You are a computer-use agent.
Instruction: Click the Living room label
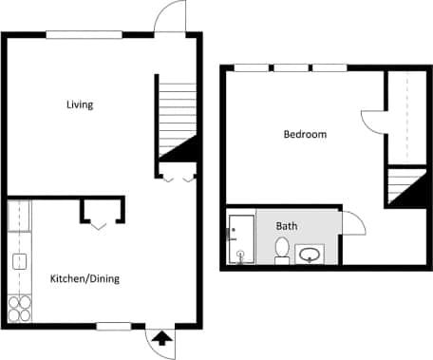pyautogui.click(x=80, y=104)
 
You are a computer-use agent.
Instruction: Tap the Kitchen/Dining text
pyautogui.click(x=85, y=278)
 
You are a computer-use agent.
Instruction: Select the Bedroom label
pyautogui.click(x=305, y=135)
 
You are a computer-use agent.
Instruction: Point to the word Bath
pyautogui.click(x=286, y=227)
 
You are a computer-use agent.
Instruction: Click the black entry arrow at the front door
pyautogui.click(x=160, y=336)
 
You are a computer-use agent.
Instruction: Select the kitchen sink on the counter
pyautogui.click(x=18, y=261)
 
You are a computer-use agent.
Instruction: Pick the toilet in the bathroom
pyautogui.click(x=282, y=250)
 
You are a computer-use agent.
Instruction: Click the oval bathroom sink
pyautogui.click(x=311, y=254)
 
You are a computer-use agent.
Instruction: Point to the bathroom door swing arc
pyautogui.click(x=354, y=224)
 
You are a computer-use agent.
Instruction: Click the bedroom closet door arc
pyautogui.click(x=371, y=122)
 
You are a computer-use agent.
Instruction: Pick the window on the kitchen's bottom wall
pyautogui.click(x=113, y=326)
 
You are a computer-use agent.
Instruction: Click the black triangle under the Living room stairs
pyautogui.click(x=181, y=146)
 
